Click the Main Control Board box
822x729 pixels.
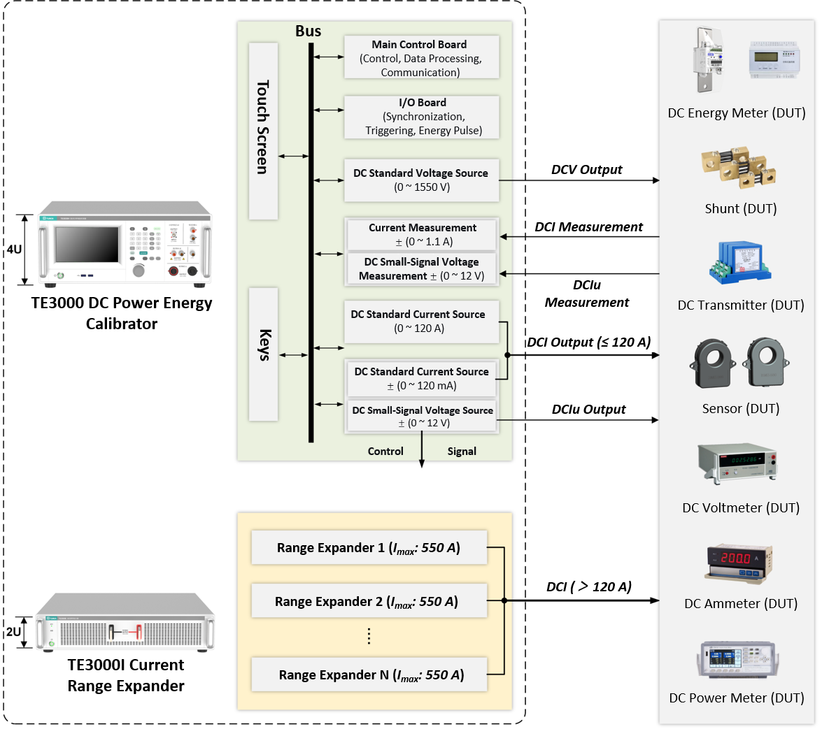[421, 58]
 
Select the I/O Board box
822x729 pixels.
[421, 116]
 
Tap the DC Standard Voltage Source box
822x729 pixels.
[421, 180]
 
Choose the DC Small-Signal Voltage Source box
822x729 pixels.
[423, 417]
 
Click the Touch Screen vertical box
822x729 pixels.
[263, 131]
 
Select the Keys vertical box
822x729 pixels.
[263, 354]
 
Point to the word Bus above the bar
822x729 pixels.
[309, 31]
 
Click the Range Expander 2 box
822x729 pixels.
[368, 602]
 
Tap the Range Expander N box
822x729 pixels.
[368, 674]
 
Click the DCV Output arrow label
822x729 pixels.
[586, 170]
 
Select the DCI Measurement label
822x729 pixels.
[588, 227]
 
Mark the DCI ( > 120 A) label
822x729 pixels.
[588, 587]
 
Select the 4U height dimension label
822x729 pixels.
[14, 249]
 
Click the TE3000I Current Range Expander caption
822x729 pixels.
[126, 675]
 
